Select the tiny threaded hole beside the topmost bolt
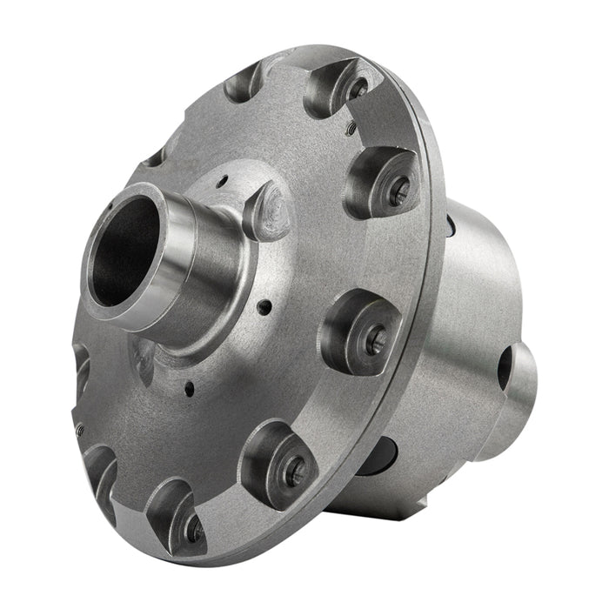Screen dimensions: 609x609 click(350, 128)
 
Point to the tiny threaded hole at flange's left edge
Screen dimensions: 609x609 click(78, 430)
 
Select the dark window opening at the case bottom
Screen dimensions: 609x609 click(379, 457)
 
